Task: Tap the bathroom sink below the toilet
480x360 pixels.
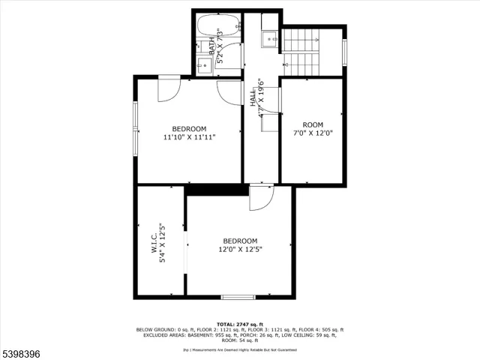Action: coord(203,66)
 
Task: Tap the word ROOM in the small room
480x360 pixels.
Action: coord(313,124)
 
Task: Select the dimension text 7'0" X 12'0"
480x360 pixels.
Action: coord(313,133)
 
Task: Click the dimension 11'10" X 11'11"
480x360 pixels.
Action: coord(189,137)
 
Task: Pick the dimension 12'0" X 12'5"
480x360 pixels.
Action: coord(240,249)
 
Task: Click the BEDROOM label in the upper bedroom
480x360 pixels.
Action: coord(189,129)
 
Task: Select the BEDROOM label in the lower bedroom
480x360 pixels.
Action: coord(240,241)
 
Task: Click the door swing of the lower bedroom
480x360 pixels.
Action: coord(259,197)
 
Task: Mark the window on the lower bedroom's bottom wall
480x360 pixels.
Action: coord(238,297)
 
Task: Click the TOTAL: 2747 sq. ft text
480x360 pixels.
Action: coord(240,323)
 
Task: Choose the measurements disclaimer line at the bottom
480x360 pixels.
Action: coord(240,349)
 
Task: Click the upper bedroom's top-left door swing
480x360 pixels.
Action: coord(168,88)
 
